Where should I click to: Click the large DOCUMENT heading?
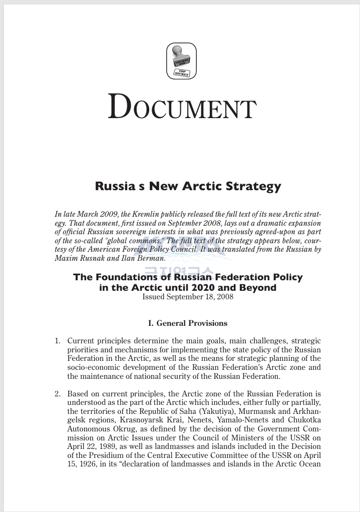(182, 107)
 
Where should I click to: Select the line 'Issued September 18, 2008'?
(188, 297)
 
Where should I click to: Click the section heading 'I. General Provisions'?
(188, 323)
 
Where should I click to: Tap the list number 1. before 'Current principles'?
(58, 341)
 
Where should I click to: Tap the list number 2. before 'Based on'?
(58, 394)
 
